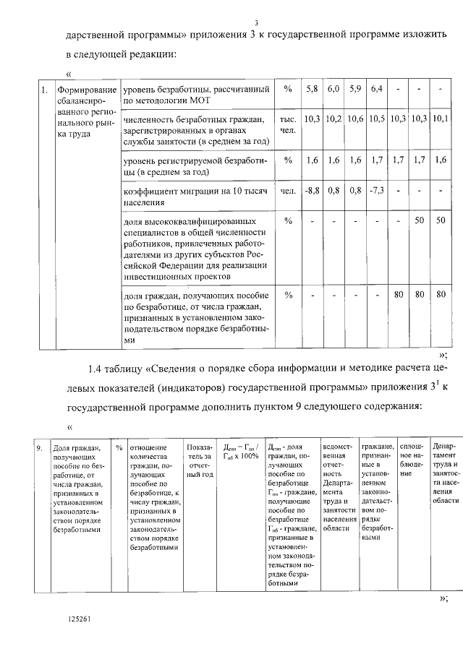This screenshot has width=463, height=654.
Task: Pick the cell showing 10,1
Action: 441,118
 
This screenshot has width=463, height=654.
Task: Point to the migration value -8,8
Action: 312,192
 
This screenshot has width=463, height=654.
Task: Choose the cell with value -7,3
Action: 376,192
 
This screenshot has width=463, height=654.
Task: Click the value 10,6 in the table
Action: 354,118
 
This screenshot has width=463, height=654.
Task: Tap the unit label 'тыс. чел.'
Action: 288,124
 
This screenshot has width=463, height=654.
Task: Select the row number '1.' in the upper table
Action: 45,90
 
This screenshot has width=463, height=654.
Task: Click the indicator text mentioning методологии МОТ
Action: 197,95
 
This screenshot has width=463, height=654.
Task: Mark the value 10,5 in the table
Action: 376,118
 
